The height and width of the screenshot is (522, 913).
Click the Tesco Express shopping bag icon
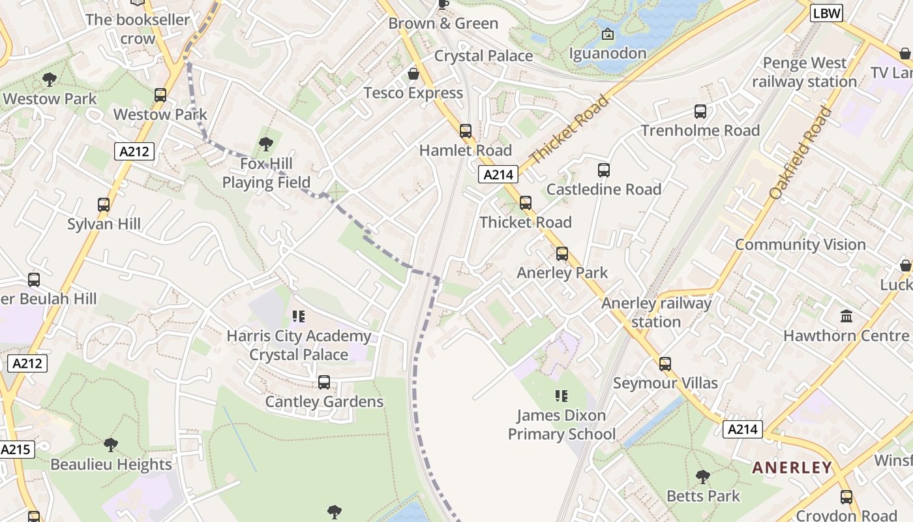click(x=413, y=74)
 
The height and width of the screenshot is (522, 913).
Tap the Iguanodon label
click(x=608, y=53)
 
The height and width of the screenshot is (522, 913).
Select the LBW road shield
click(x=826, y=13)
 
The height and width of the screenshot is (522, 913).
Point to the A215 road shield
click(x=16, y=450)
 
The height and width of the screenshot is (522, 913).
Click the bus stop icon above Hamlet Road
click(x=466, y=131)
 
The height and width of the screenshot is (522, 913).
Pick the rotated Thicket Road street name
click(x=569, y=130)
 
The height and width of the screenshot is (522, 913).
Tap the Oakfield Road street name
click(x=800, y=153)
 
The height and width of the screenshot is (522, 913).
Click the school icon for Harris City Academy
click(x=299, y=317)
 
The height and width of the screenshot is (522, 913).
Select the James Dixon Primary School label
click(x=561, y=425)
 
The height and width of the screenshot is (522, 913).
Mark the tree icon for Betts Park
click(x=702, y=477)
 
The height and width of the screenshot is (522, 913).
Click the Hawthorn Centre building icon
click(x=846, y=316)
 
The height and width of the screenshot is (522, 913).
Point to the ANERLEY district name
click(x=792, y=467)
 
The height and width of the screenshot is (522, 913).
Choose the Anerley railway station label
click(x=656, y=313)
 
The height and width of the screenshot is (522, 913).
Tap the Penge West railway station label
click(x=804, y=72)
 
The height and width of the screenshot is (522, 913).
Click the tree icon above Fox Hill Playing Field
click(x=265, y=144)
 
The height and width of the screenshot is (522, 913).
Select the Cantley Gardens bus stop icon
click(x=324, y=382)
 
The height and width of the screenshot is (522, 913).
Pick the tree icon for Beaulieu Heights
click(x=111, y=446)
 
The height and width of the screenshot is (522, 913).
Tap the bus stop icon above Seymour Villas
click(x=665, y=364)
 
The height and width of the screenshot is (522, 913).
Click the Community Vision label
click(x=800, y=245)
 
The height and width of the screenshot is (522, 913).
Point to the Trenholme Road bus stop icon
click(x=700, y=112)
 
